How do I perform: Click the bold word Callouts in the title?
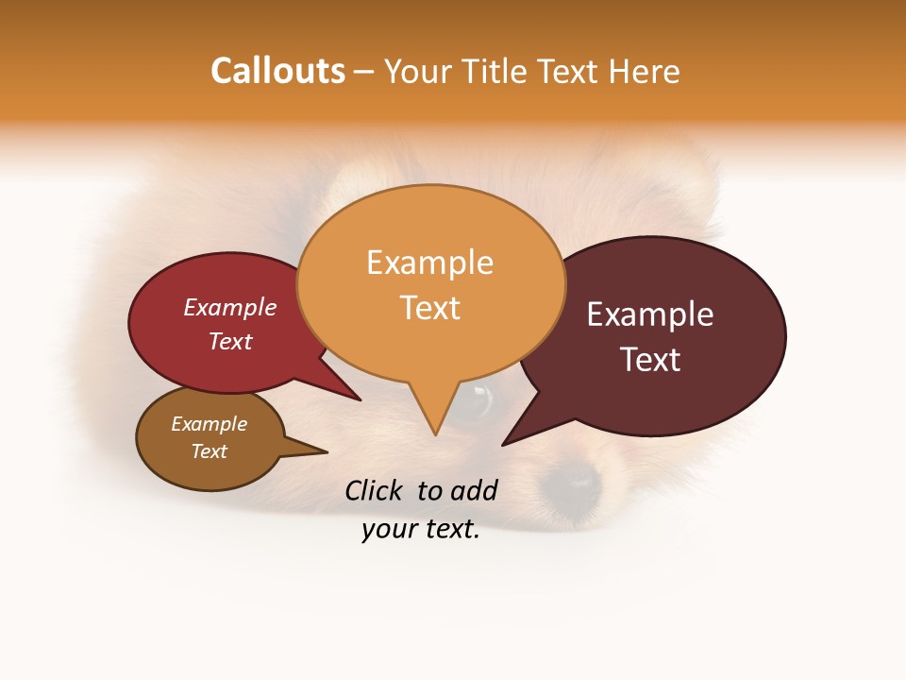(x=277, y=72)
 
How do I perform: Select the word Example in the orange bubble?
(x=429, y=263)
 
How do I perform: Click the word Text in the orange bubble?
(x=429, y=308)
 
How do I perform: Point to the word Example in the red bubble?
(x=230, y=307)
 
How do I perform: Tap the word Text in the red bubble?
(x=230, y=341)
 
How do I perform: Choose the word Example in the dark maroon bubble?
(x=650, y=314)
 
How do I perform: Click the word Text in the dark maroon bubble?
(x=650, y=360)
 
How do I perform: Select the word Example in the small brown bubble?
(x=209, y=424)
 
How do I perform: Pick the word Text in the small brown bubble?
(x=209, y=451)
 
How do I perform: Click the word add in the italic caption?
(x=473, y=490)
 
